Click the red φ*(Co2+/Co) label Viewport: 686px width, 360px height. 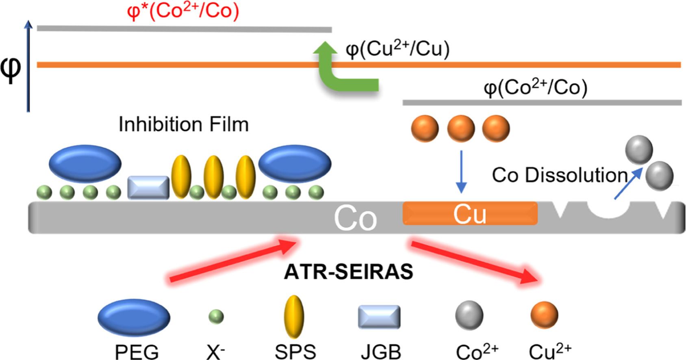(x=183, y=11)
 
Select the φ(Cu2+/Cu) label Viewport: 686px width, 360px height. (x=397, y=50)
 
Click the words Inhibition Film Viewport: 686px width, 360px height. (x=183, y=124)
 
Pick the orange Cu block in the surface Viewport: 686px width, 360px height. (x=470, y=213)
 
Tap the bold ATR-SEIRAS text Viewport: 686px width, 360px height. (x=348, y=272)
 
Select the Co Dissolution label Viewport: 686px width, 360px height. (x=560, y=175)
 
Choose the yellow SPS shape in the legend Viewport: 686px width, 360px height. (x=293, y=317)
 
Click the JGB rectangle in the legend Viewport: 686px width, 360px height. (x=379, y=317)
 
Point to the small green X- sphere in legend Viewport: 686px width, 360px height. (x=216, y=317)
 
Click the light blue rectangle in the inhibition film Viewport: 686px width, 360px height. (x=148, y=188)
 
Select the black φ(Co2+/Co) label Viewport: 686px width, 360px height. (x=535, y=88)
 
